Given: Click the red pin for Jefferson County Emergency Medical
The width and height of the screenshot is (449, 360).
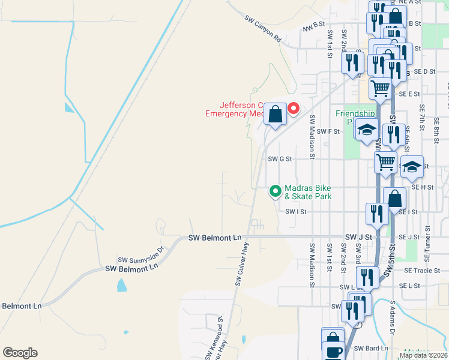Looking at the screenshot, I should pyautogui.click(x=294, y=109).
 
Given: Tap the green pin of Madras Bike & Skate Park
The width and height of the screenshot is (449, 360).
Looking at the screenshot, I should pyautogui.click(x=276, y=191).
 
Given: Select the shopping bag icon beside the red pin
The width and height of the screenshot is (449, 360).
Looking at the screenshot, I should pyautogui.click(x=275, y=114).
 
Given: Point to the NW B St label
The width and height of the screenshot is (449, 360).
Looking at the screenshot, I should pyautogui.click(x=313, y=26).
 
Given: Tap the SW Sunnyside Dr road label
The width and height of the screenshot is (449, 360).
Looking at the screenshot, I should pyautogui.click(x=141, y=254).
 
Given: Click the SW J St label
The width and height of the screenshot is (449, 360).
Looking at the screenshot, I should pyautogui.click(x=359, y=238).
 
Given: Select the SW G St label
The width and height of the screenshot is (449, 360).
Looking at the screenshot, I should pyautogui.click(x=280, y=159).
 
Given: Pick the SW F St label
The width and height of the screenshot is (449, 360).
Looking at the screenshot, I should pyautogui.click(x=328, y=131).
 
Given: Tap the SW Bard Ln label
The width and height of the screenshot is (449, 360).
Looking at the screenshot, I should pyautogui.click(x=368, y=348).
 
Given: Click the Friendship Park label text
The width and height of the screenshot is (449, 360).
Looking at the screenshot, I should pyautogui.click(x=354, y=118).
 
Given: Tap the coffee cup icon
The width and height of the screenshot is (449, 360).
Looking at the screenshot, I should pyautogui.click(x=334, y=351).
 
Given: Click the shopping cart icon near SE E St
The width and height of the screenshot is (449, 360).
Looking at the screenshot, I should pyautogui.click(x=381, y=89).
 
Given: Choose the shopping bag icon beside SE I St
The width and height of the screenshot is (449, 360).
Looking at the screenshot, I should pyautogui.click(x=394, y=198).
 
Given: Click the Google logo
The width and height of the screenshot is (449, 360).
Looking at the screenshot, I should pyautogui.click(x=20, y=353).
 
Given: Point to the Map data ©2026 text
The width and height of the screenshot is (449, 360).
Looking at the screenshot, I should pyautogui.click(x=423, y=355).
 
